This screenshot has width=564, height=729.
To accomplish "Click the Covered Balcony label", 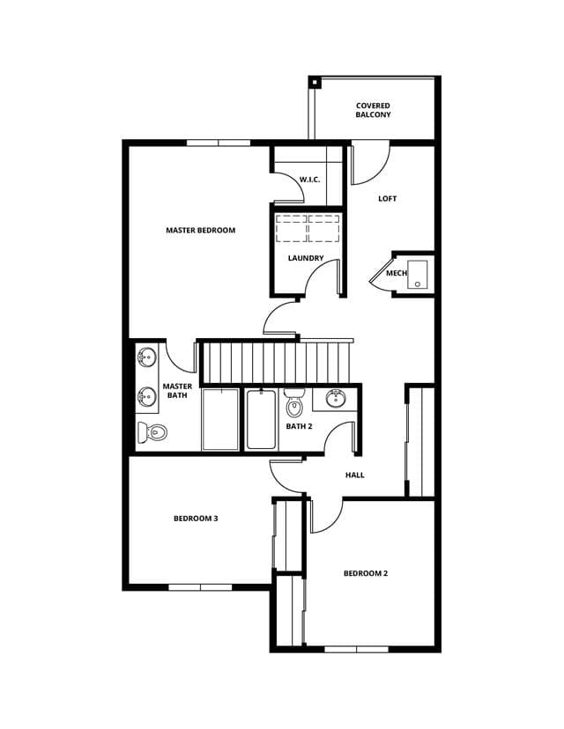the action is [373, 110].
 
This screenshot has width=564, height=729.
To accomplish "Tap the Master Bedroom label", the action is [201, 230].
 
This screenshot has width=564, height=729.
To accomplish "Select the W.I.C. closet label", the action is [309, 180].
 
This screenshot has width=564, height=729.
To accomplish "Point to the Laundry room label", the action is [306, 258].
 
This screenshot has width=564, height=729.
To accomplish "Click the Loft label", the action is [387, 198].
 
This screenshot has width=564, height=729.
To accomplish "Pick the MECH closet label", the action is [397, 273].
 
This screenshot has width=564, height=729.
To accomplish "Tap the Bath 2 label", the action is [299, 426].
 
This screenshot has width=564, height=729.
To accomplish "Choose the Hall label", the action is [354, 475].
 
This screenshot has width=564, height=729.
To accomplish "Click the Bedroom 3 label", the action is [196, 519].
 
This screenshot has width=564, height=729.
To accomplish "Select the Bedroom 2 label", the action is [366, 573].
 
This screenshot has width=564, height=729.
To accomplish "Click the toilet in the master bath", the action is [152, 432].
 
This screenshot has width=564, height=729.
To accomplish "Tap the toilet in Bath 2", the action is [294, 402].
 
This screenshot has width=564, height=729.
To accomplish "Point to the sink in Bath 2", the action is [336, 399].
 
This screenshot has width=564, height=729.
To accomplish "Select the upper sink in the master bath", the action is [147, 357].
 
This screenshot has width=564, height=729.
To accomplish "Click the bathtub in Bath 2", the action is [261, 419].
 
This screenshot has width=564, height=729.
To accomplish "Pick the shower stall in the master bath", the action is [220, 419].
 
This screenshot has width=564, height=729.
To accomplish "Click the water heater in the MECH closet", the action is [418, 275].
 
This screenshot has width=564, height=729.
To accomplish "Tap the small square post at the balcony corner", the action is [315, 83].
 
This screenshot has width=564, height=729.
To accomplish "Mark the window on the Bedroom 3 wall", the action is [200, 587].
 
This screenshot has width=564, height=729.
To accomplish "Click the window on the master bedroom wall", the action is [219, 143].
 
